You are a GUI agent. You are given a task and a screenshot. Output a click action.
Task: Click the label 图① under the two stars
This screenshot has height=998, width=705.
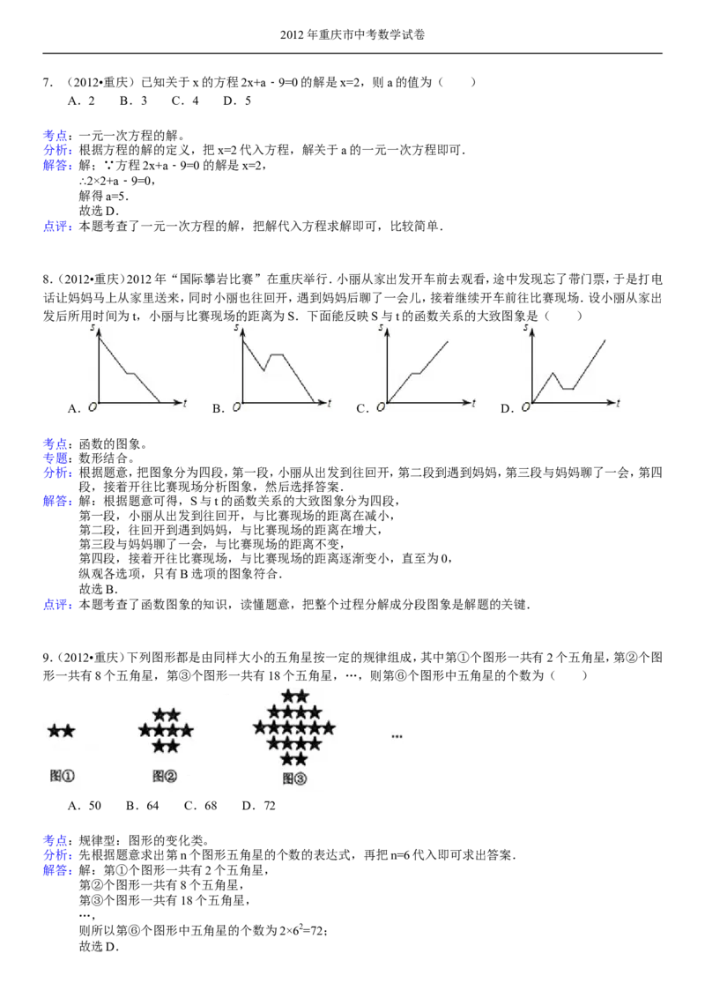[63, 777]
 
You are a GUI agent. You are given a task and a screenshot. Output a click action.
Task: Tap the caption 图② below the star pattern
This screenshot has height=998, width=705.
[165, 777]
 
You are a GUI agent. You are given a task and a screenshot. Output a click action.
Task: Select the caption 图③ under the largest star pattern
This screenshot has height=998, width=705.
[294, 778]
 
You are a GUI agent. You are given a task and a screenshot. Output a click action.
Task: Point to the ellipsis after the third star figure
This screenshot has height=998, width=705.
[397, 734]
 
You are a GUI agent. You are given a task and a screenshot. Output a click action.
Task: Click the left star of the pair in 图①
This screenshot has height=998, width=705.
[55, 731]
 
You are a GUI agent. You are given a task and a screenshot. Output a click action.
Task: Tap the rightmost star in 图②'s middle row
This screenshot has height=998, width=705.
[187, 731]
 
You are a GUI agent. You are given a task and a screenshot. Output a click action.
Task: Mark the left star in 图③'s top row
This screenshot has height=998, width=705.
[287, 697]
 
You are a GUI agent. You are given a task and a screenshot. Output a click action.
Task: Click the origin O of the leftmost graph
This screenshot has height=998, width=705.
[90, 406]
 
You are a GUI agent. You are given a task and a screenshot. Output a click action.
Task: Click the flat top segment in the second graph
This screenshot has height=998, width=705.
[276, 354]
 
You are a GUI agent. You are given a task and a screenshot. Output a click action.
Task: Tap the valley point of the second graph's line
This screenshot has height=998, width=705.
[263, 370]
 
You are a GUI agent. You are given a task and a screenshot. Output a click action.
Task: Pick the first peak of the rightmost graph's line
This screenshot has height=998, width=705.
[553, 372]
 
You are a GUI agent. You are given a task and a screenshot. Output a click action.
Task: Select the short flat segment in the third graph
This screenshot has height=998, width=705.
[417, 373]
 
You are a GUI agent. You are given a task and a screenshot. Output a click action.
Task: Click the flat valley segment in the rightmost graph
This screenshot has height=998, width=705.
[568, 388]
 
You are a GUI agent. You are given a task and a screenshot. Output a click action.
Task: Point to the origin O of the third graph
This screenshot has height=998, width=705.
[379, 406]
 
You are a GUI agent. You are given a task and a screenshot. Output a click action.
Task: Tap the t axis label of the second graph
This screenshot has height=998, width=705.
[329, 404]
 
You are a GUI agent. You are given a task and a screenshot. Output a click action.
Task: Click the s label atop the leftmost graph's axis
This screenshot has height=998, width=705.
[92, 328]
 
